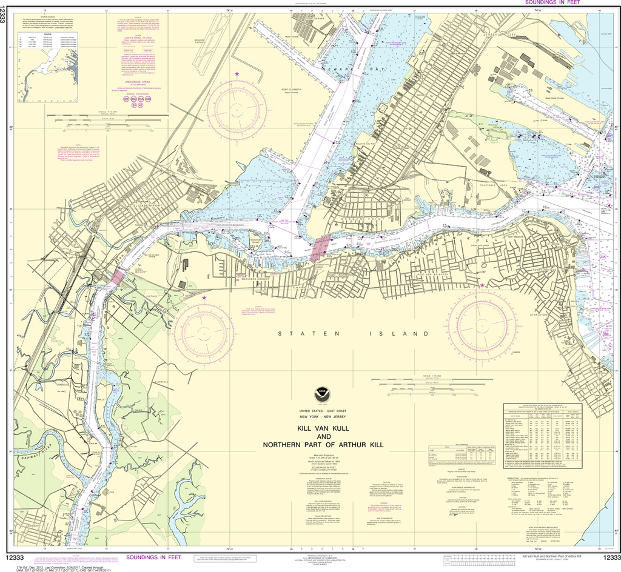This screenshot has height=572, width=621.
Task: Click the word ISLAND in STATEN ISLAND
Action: click(x=403, y=334)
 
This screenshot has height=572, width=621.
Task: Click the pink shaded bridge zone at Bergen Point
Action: click(x=320, y=248)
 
